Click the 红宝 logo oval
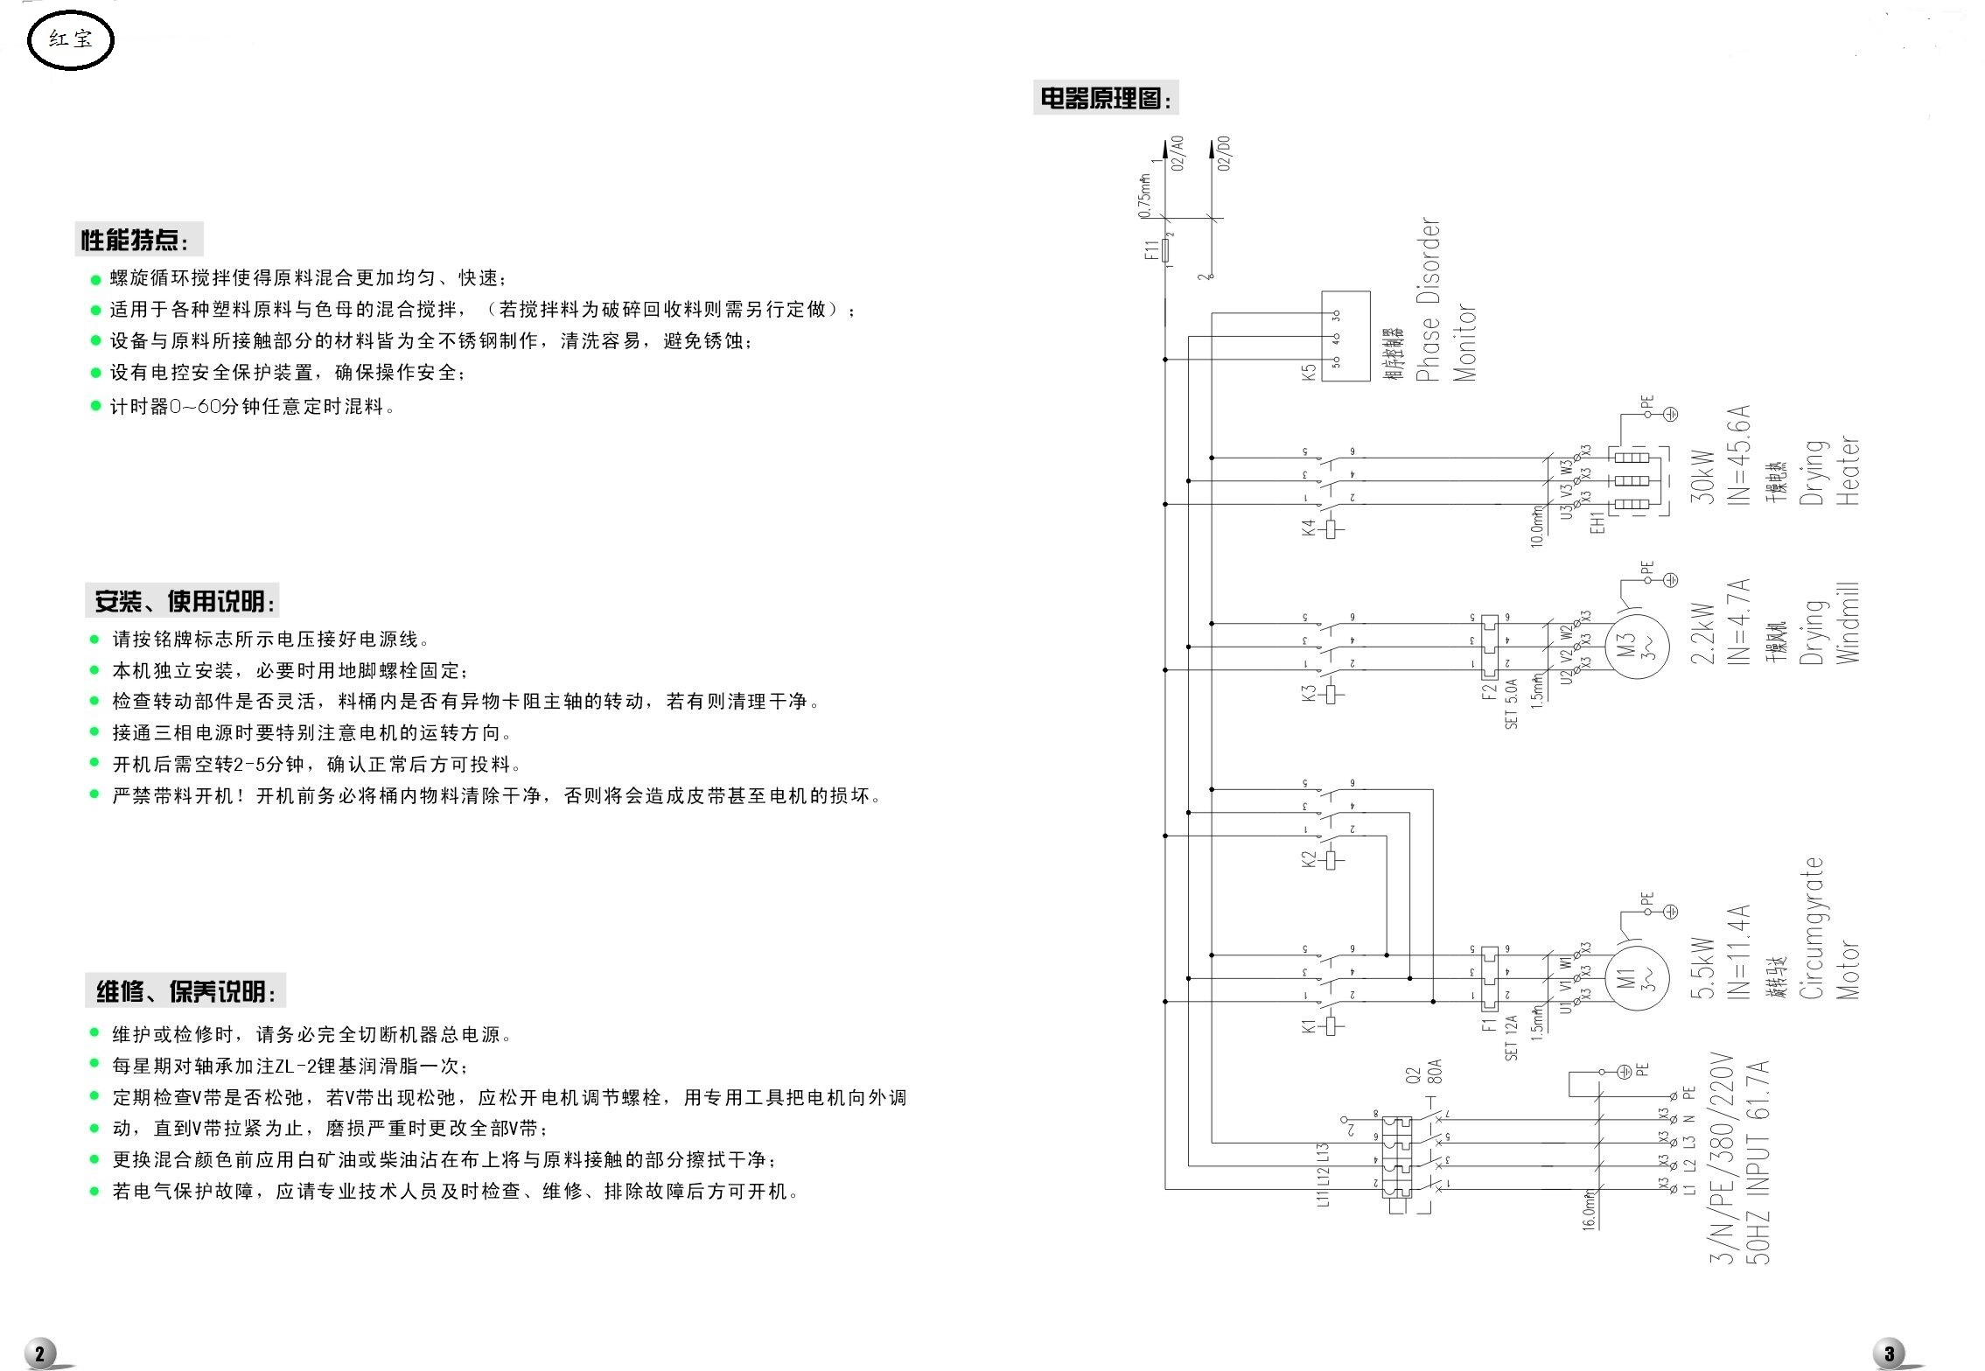click(x=70, y=39)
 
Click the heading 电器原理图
click(x=1105, y=99)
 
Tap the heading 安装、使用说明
click(x=185, y=602)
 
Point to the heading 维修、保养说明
click(x=185, y=991)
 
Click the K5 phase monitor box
click(x=1345, y=337)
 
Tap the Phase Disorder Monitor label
click(x=1445, y=300)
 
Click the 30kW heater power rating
click(x=1702, y=477)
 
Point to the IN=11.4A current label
click(x=1738, y=951)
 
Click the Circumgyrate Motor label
click(x=1829, y=929)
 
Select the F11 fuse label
click(x=1151, y=250)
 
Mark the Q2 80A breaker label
click(x=1424, y=1085)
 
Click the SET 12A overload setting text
click(x=1511, y=1038)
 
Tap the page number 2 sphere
click(x=40, y=1353)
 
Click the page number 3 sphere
click(x=1891, y=1353)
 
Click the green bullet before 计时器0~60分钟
click(x=96, y=407)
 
